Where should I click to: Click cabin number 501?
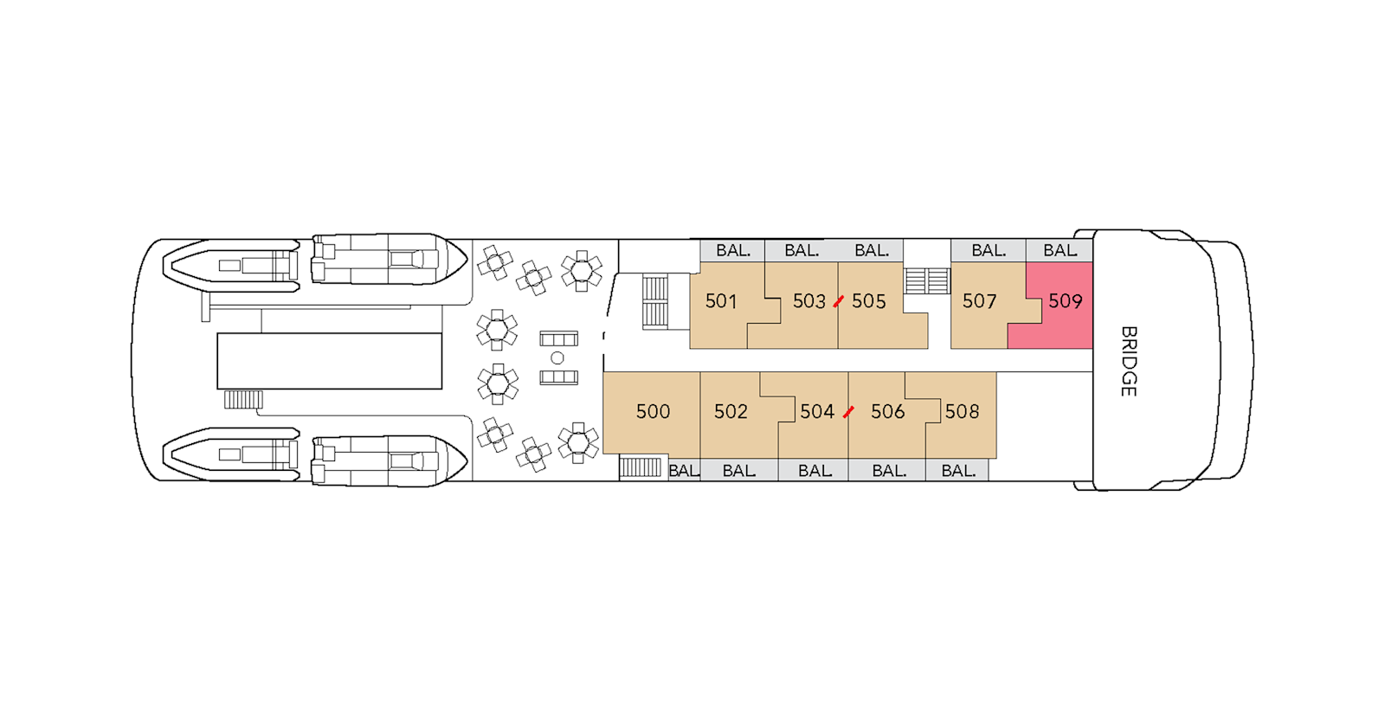720,301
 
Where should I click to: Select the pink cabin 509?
1065,301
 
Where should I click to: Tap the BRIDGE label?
1128,361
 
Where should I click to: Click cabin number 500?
653,412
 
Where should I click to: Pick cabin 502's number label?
731,412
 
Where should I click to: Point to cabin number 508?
962,412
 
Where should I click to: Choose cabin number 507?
979,301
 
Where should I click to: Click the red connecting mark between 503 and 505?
838,301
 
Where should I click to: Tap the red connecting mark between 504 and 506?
848,412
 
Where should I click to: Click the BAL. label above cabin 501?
732,251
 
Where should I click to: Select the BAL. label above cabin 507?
988,251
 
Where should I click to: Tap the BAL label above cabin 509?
1060,251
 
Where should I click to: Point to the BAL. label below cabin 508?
957,471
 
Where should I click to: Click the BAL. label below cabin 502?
738,471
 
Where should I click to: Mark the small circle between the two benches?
557,357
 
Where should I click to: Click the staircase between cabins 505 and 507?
926,280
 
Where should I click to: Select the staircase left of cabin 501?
654,301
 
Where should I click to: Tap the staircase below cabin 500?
641,467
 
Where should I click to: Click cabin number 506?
887,412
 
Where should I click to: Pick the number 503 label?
808,301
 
